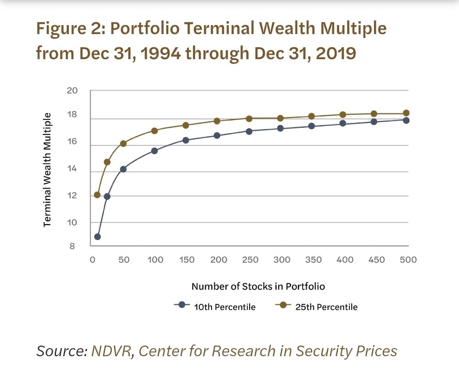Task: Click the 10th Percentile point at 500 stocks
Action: click(406, 120)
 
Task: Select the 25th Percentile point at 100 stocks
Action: click(154, 131)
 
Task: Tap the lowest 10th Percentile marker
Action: click(97, 237)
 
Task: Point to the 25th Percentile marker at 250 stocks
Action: click(249, 118)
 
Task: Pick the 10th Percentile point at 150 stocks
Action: click(186, 140)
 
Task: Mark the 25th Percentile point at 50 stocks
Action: click(123, 144)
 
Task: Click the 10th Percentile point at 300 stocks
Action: click(280, 128)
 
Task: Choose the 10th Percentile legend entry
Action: click(215, 307)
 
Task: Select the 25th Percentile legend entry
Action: click(317, 307)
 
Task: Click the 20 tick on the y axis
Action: click(72, 90)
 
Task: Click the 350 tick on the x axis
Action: click(313, 260)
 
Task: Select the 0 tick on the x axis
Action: click(92, 260)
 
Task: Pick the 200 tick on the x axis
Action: click(218, 260)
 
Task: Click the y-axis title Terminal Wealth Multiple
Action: click(47, 170)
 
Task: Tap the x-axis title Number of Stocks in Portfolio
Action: click(258, 286)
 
